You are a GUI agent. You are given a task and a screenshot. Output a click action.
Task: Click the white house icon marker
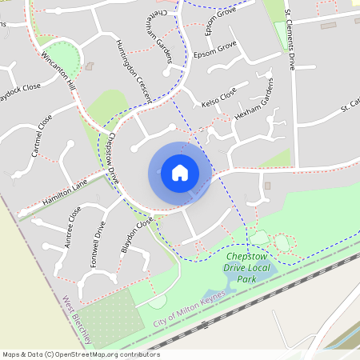click(180, 173)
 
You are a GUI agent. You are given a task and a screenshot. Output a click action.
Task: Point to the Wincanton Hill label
click(58, 70)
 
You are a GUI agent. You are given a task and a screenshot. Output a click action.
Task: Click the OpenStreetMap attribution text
click(81, 354)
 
